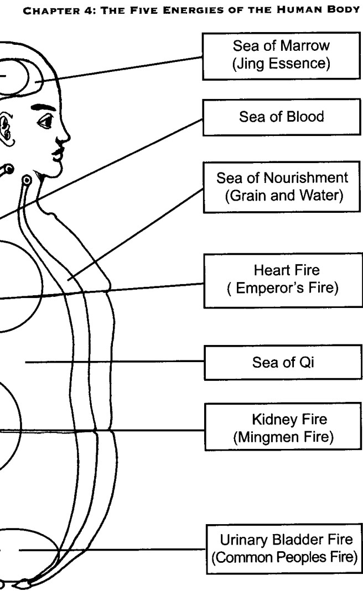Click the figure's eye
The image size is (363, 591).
[46, 122]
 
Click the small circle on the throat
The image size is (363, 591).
[27, 181]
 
